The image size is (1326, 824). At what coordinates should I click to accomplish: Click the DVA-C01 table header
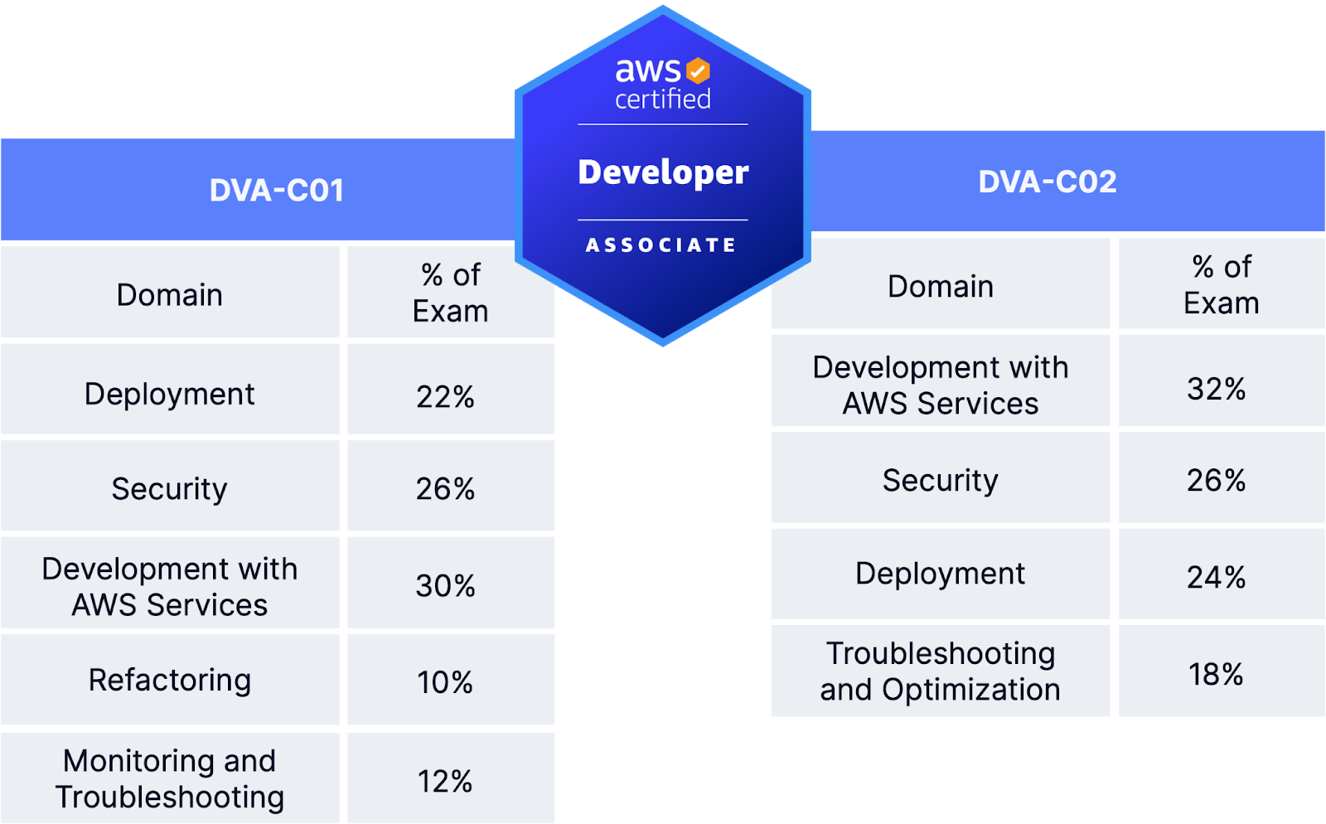[x=276, y=190]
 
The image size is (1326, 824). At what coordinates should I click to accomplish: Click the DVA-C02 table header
[x=1048, y=182]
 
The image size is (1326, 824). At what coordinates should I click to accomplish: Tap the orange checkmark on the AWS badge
[x=698, y=71]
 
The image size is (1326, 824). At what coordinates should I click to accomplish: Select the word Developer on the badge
[x=663, y=172]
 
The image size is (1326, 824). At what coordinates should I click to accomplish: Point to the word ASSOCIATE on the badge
[x=661, y=245]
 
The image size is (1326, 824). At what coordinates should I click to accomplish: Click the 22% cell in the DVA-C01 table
[x=446, y=396]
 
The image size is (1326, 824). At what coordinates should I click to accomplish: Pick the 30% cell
[x=446, y=585]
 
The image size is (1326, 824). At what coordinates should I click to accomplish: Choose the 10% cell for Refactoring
[x=446, y=682]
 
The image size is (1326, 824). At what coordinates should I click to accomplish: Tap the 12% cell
[x=446, y=781]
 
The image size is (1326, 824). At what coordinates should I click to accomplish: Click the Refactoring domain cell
[x=170, y=680]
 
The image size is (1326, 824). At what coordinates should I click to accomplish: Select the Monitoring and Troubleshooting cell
[x=170, y=779]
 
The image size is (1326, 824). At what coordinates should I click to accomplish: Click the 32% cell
[x=1217, y=388]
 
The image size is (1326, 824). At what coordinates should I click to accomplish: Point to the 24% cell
[x=1217, y=577]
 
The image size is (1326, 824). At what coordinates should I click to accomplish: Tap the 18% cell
[x=1217, y=674]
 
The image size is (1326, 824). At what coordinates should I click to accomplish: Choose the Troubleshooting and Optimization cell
[x=940, y=671]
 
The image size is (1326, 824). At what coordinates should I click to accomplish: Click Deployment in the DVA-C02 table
[x=940, y=574]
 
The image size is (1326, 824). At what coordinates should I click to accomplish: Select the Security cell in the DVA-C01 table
[x=170, y=489]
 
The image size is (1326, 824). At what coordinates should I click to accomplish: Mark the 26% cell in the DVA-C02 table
[x=1217, y=480]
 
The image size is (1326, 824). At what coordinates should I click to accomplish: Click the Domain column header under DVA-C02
[x=940, y=286]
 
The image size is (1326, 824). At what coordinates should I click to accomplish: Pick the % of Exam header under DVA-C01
[x=450, y=293]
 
